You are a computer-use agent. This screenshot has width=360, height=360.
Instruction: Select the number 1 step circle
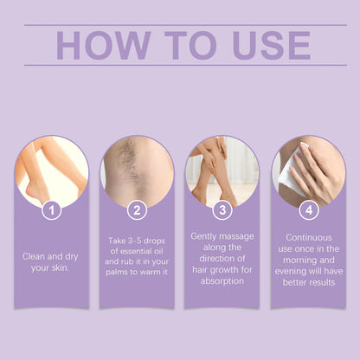coord(51,209)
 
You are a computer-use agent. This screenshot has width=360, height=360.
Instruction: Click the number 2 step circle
coord(137,209)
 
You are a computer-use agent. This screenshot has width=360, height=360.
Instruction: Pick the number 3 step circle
coord(222,209)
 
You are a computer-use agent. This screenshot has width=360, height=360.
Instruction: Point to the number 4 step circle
coord(308,209)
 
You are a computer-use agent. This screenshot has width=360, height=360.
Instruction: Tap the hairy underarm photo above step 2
coord(137,169)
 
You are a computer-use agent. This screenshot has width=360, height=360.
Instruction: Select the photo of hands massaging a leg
coord(222,169)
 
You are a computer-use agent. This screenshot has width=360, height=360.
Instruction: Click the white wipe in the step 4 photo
coord(289,177)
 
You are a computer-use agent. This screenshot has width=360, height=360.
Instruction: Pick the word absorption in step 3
coord(222,281)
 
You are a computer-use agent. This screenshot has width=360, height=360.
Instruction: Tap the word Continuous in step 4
coord(308,235)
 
